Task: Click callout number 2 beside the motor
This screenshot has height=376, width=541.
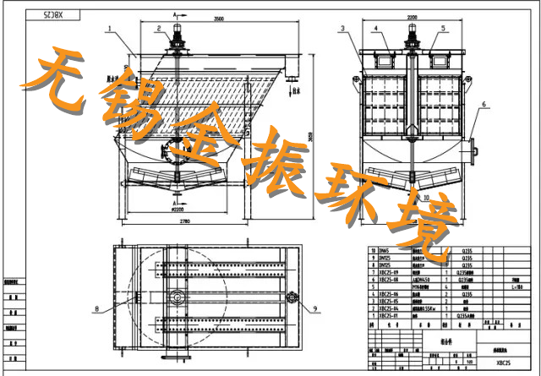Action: (x=159, y=28)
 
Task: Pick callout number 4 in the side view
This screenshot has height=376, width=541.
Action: (x=375, y=29)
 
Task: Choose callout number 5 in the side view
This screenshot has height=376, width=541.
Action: (x=442, y=29)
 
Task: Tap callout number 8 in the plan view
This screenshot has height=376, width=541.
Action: (x=97, y=309)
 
